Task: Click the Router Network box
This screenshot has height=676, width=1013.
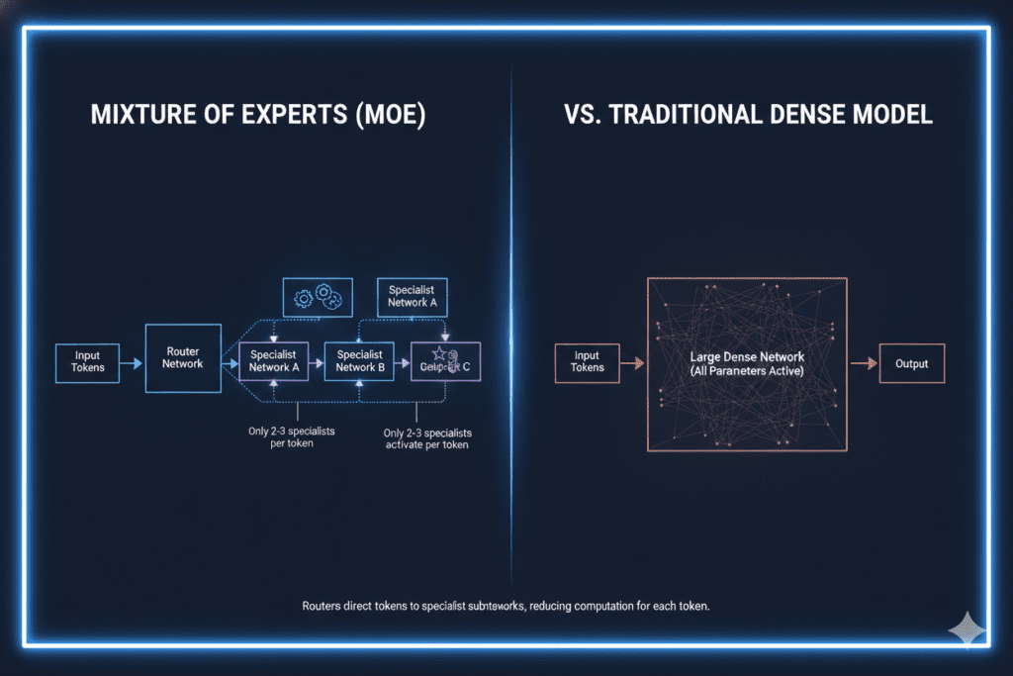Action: click(x=183, y=357)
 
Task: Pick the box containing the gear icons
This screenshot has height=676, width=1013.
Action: click(x=319, y=297)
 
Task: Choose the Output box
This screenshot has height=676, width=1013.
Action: click(x=911, y=363)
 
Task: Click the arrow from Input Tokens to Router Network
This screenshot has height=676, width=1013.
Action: click(x=132, y=364)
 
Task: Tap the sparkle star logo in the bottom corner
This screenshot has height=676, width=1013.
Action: click(x=965, y=629)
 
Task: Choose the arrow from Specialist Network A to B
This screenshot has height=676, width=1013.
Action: click(x=317, y=364)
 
